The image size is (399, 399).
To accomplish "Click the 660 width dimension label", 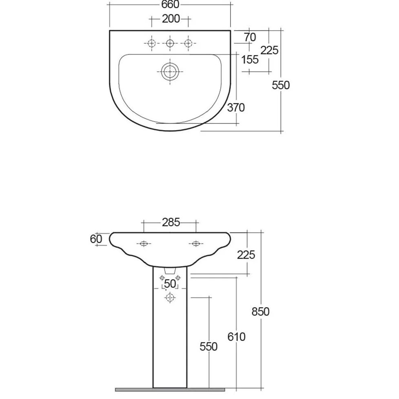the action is [x=170, y=4].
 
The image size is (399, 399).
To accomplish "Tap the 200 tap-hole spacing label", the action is [x=171, y=19].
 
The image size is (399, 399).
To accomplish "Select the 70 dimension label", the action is [x=250, y=38].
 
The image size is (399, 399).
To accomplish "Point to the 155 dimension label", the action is [x=250, y=60].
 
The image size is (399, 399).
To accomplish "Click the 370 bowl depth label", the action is [x=236, y=108].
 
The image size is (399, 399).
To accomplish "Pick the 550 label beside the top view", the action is [x=281, y=85].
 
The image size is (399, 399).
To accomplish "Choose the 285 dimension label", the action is [x=171, y=222].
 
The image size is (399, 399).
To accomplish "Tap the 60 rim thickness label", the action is [x=96, y=239].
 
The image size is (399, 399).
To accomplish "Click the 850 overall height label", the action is [x=260, y=312].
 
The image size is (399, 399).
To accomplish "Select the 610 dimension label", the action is [x=236, y=337].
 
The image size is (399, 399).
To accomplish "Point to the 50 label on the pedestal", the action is [x=170, y=284].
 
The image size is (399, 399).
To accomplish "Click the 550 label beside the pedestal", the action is [x=208, y=347].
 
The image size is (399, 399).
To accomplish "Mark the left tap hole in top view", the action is [x=152, y=43].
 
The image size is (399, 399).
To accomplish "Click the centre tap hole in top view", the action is [x=170, y=43].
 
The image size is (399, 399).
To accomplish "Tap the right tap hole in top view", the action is [x=188, y=43].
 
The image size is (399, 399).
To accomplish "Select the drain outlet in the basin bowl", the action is [x=170, y=71].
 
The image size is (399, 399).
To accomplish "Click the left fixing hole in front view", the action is [x=144, y=244].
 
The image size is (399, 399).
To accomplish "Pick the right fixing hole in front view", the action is [x=196, y=244].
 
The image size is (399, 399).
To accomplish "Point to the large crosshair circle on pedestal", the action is [x=170, y=297].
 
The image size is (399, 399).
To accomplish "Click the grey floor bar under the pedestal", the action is [x=170, y=390].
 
